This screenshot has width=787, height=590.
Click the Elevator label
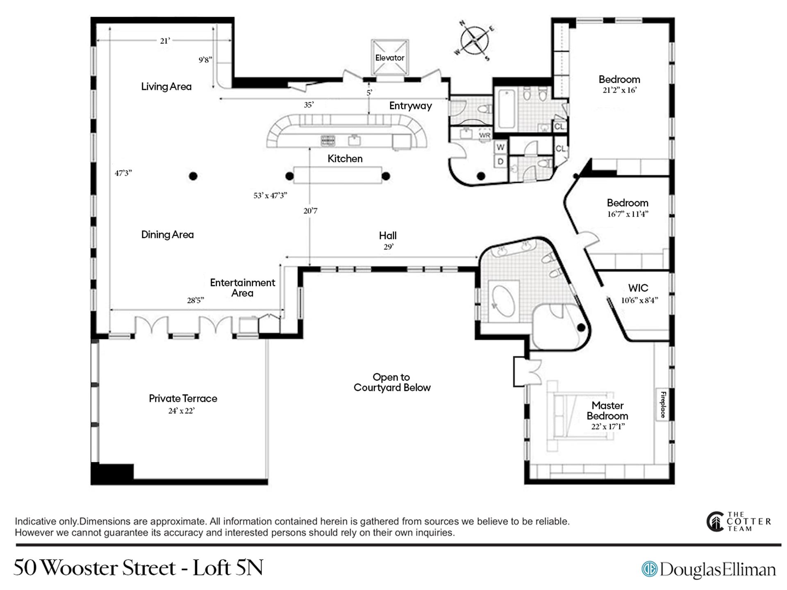click(389, 58)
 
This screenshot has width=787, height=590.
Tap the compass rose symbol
click(474, 41)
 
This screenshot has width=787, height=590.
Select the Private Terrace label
click(183, 398)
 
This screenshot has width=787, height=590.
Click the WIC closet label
click(638, 288)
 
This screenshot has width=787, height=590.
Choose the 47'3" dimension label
click(123, 173)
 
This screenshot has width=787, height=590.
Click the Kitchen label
click(345, 159)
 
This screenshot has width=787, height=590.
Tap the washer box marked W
click(500, 147)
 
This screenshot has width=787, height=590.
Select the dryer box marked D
click(500, 161)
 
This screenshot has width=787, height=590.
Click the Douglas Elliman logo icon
click(649, 569)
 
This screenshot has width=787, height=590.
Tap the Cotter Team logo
click(739, 522)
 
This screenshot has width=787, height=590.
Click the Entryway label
click(410, 106)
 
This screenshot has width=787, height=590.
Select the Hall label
click(388, 236)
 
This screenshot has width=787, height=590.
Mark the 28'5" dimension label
click(196, 300)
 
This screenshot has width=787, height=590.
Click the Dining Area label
click(167, 235)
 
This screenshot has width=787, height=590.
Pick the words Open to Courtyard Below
click(392, 382)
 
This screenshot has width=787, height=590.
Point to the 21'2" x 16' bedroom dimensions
click(619, 90)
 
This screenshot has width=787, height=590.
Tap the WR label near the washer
click(484, 135)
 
